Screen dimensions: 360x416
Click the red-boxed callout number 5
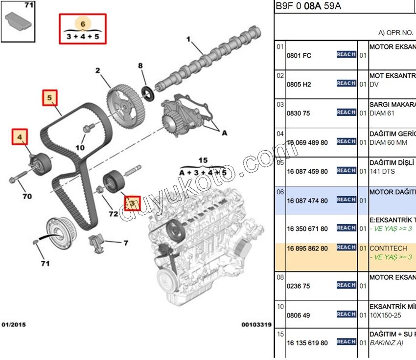pyautogui.click(x=49, y=98)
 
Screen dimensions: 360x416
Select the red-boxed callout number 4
pyautogui.click(x=20, y=137)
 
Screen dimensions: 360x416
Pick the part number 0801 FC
pyautogui.click(x=299, y=56)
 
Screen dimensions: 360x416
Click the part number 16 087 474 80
pyautogui.click(x=307, y=201)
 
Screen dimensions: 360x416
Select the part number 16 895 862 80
pyautogui.click(x=307, y=248)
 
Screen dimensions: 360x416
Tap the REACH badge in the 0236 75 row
pyautogui.click(x=346, y=285)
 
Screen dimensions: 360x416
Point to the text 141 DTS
pyautogui.click(x=382, y=172)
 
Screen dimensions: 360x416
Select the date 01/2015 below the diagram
pyautogui.click(x=14, y=324)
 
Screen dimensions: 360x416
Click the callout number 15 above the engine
pyautogui.click(x=203, y=160)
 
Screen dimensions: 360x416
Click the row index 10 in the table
pyautogui.click(x=280, y=307)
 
